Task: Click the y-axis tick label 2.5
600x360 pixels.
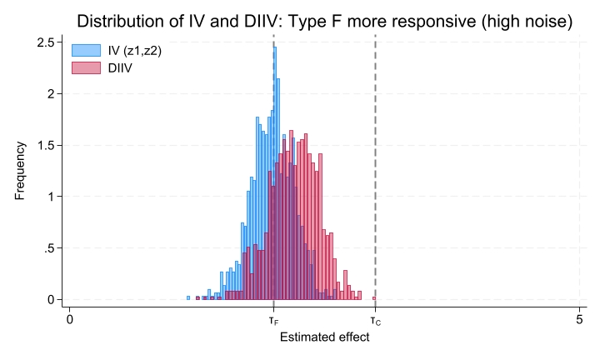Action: pyautogui.click(x=47, y=42)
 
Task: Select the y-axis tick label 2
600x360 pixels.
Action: pyautogui.click(x=52, y=93)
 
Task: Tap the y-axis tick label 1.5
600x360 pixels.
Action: pyautogui.click(x=47, y=145)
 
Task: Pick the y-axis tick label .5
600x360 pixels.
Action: pyautogui.click(x=49, y=248)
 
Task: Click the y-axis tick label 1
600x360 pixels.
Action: pyautogui.click(x=52, y=197)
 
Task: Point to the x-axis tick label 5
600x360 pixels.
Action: pyautogui.click(x=579, y=319)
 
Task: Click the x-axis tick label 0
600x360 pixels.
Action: pyautogui.click(x=70, y=319)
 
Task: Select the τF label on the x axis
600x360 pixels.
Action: pyautogui.click(x=274, y=320)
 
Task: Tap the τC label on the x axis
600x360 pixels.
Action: pyautogui.click(x=375, y=320)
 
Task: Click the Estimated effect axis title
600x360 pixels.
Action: pyautogui.click(x=324, y=338)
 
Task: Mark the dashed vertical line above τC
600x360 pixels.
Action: pyautogui.click(x=375, y=167)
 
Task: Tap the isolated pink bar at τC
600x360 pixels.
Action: pyautogui.click(x=374, y=297)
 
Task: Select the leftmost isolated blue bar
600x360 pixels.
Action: pyautogui.click(x=188, y=297)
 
